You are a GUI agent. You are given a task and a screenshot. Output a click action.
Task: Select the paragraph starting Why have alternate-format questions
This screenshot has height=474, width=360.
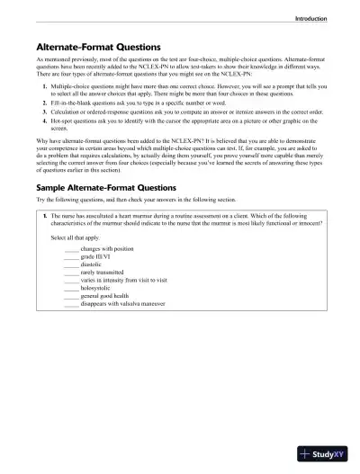coord(180,153)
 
